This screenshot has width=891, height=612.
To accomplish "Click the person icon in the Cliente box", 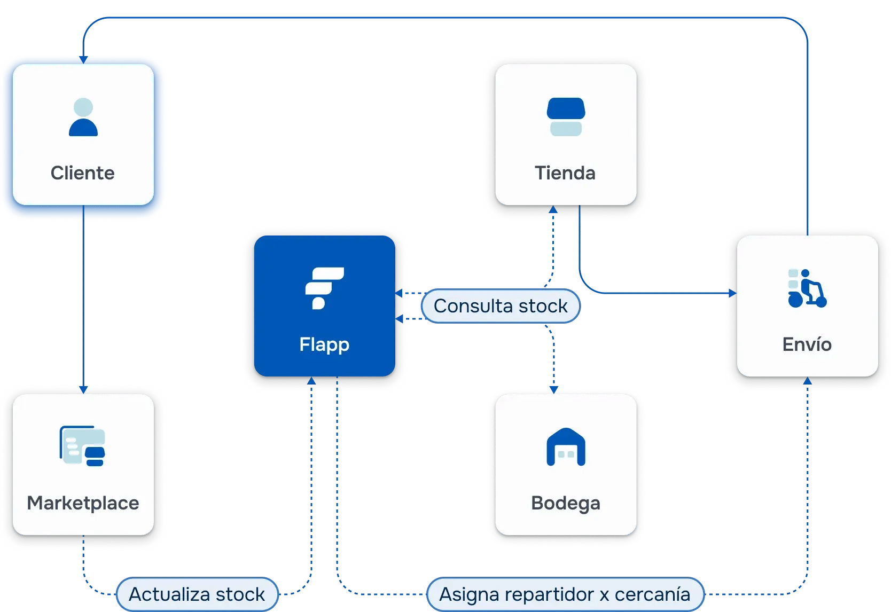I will click(83, 117).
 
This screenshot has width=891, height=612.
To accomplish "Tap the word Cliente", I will click(83, 173).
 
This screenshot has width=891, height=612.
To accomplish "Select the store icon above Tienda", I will click(566, 116).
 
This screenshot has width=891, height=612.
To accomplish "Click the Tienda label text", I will click(565, 173).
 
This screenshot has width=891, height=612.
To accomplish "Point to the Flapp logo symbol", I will click(324, 288).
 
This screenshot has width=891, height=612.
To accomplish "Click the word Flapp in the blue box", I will click(324, 344).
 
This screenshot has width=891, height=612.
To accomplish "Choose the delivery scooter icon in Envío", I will click(807, 288).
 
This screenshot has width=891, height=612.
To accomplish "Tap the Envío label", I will click(807, 344).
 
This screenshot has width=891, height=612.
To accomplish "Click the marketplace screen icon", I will click(82, 446).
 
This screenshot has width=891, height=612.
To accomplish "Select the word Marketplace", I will click(83, 503).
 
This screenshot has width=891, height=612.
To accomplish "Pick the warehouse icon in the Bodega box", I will click(566, 447).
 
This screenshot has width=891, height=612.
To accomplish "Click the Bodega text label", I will click(566, 503).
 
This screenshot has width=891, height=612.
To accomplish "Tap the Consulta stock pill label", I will click(501, 306).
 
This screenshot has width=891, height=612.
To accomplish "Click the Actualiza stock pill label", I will click(197, 594).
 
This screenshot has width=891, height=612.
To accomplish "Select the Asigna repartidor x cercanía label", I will click(565, 594).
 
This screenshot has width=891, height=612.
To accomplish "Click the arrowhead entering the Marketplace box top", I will click(83, 389).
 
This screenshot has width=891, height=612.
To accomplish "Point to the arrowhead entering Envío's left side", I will click(732, 293).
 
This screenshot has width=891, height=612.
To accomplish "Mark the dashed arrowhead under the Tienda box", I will click(553, 210).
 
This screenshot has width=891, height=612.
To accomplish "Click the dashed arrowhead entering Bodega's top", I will click(553, 389).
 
